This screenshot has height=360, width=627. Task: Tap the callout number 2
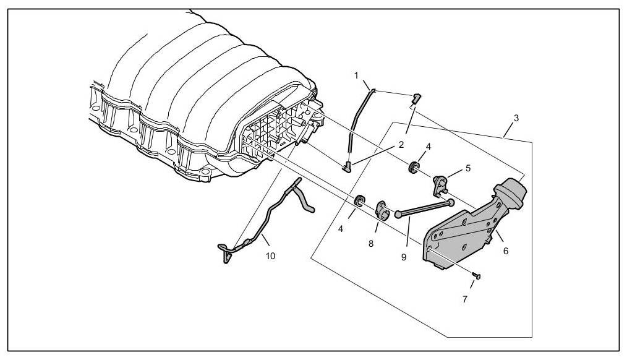pyautogui.click(x=401, y=145)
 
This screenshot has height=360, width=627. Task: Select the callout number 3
pyautogui.click(x=516, y=117)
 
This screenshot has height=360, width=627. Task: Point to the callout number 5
pyautogui.click(x=468, y=167)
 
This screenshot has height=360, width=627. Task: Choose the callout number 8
pyautogui.click(x=371, y=244)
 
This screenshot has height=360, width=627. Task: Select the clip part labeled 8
pyautogui.click(x=383, y=210)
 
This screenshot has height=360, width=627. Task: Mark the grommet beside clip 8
pyautogui.click(x=359, y=200)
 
